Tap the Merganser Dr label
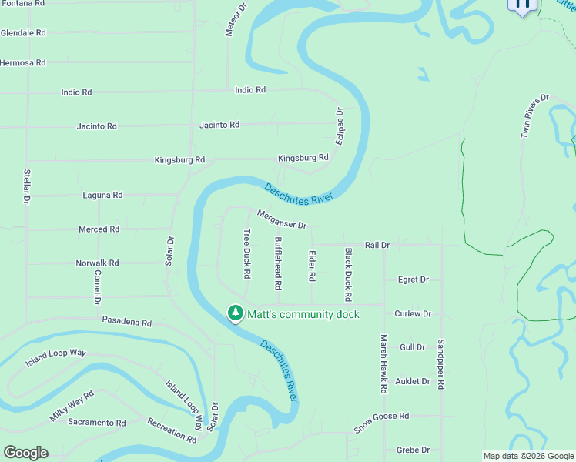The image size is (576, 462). (x=282, y=219)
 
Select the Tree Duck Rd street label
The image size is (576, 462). (x=247, y=253)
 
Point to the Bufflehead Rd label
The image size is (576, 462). (x=278, y=263)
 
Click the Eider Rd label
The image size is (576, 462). (x=312, y=265)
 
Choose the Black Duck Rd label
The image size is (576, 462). (x=348, y=275)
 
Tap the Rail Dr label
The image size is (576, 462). (x=377, y=245)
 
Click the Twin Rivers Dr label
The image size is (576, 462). (x=534, y=115)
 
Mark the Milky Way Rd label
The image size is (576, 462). (x=72, y=405)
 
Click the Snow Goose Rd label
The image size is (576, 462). (x=381, y=421)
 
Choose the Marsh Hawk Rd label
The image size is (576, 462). (x=383, y=363)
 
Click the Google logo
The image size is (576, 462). (x=25, y=453)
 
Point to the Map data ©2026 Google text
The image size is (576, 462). (x=527, y=456)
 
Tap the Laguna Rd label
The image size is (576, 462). (x=102, y=196)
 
